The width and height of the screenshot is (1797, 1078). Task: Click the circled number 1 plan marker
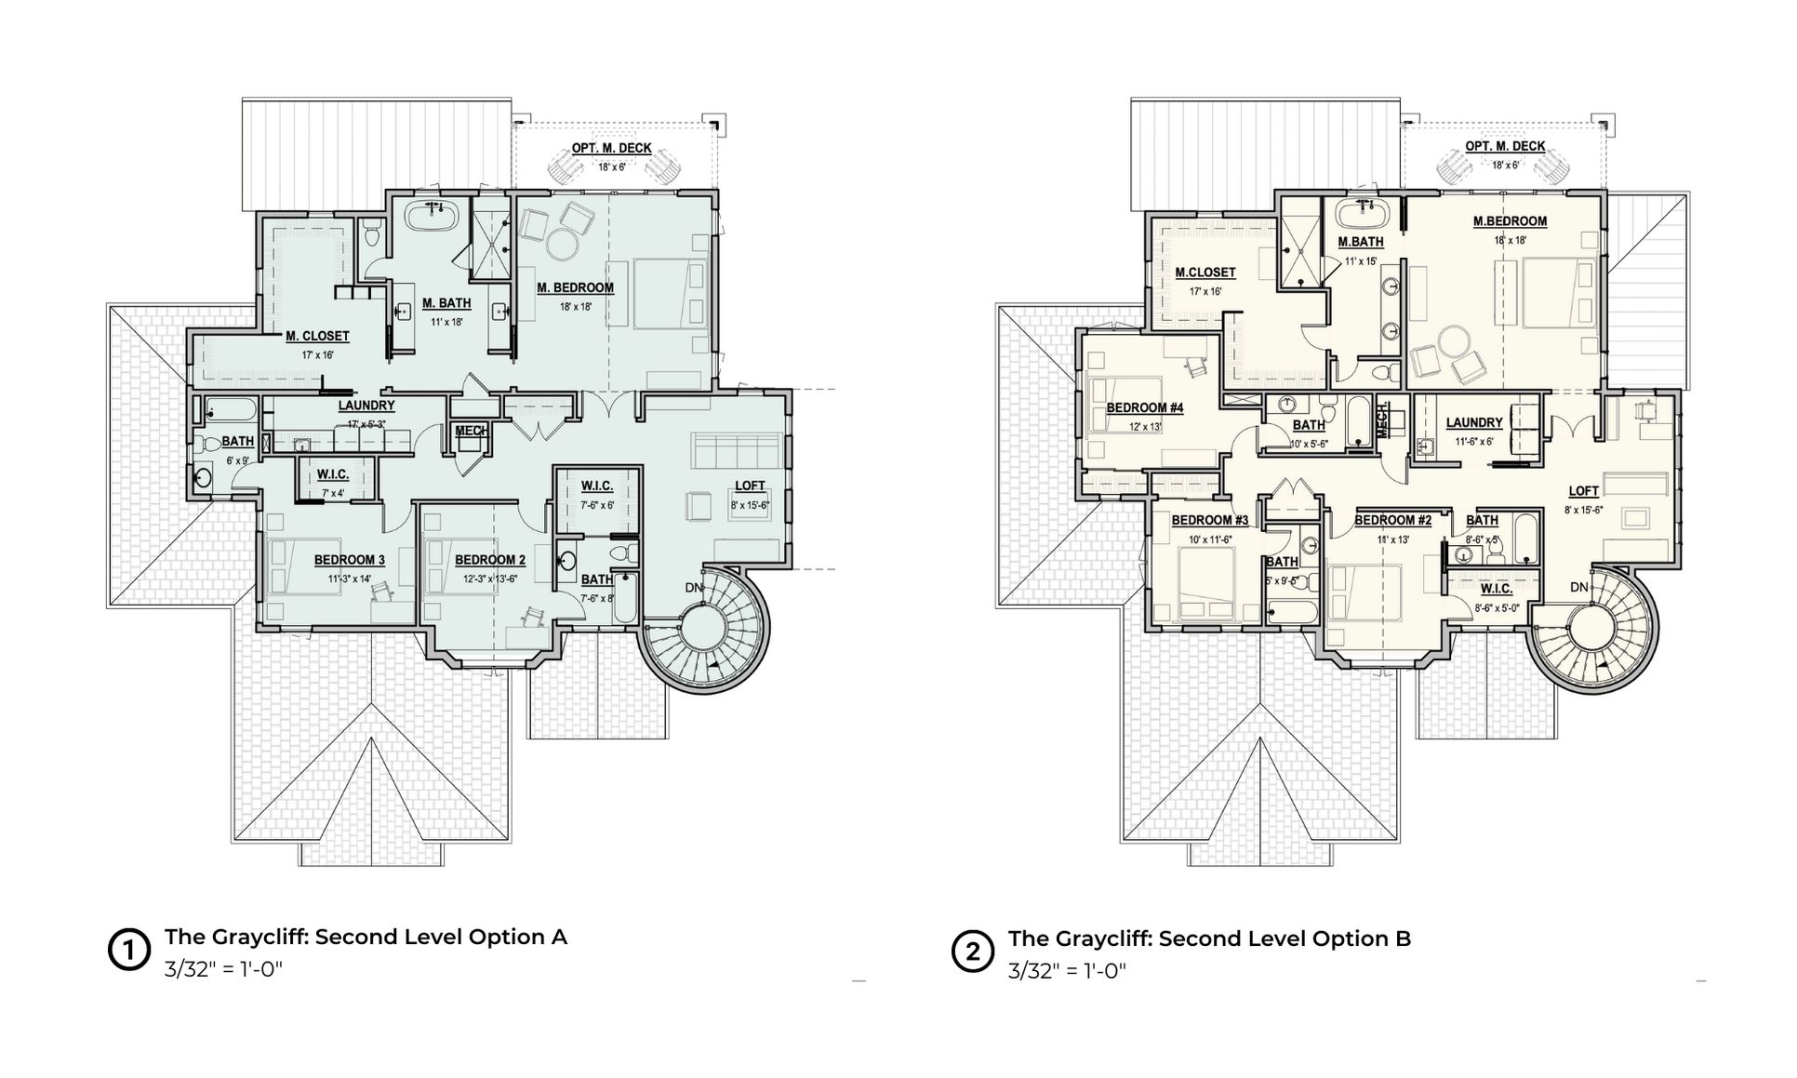(x=129, y=951)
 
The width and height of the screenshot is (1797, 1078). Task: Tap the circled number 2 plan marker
(x=973, y=952)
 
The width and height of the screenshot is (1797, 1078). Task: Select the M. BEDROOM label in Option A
(x=575, y=288)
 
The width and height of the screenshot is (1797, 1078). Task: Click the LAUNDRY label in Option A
(x=366, y=406)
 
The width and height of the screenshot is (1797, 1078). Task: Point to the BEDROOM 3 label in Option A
(x=349, y=560)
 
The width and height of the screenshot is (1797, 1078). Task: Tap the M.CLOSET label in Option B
(x=1205, y=273)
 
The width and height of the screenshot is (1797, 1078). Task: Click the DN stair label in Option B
(x=1578, y=587)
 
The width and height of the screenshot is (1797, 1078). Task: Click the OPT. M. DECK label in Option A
(x=611, y=149)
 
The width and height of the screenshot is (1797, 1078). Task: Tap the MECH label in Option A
(x=472, y=431)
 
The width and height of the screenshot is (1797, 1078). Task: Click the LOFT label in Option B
(x=1583, y=491)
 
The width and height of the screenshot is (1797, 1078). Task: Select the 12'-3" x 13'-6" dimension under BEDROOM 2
(x=490, y=579)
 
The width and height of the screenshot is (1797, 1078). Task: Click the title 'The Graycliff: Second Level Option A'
(x=366, y=937)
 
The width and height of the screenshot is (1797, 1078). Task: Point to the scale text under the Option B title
(x=1067, y=971)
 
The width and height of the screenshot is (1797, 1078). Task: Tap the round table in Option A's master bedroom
(x=562, y=244)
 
